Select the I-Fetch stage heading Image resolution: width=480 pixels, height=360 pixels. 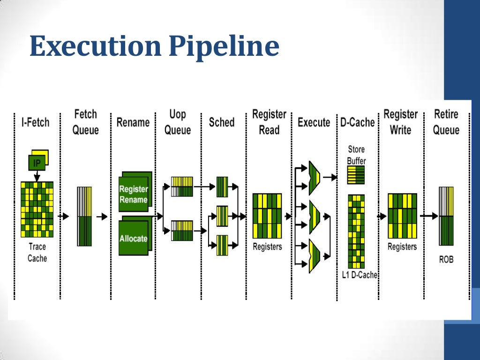pos(35,123)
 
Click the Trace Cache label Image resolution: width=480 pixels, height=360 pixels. pos(37,253)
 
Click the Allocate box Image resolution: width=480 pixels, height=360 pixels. pos(133,238)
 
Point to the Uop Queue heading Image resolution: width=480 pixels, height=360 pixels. pos(178,122)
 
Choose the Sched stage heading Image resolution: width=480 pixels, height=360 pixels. pos(221,122)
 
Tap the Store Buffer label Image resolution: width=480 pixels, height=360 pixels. pos(356,155)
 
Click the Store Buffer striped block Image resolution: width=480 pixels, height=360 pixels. pos(356,175)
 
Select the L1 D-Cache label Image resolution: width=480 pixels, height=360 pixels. pos(360,275)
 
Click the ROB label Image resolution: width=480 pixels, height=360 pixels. pos(446,259)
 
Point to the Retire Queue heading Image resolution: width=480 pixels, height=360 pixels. pos(446,122)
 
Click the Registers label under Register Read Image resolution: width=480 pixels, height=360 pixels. pos(267,247)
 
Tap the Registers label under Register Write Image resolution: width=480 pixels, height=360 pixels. pos(402,247)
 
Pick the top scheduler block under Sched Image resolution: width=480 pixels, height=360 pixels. pos(222,187)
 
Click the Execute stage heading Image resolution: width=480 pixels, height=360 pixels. pos(314,123)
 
